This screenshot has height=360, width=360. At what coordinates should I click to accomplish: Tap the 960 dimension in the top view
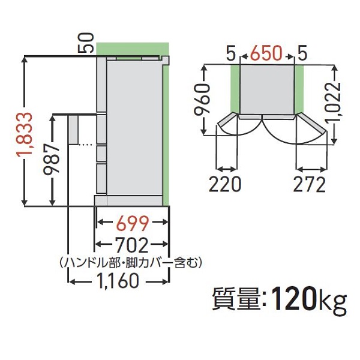click(x=205, y=99)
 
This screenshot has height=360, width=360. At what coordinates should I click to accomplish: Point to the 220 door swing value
click(x=225, y=184)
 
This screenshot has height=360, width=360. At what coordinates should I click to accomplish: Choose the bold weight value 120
click(x=293, y=298)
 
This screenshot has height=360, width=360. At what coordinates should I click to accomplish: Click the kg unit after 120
click(x=332, y=300)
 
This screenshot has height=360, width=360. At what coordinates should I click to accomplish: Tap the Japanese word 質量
click(x=235, y=298)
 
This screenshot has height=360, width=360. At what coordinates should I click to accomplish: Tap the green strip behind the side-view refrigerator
click(x=167, y=132)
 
